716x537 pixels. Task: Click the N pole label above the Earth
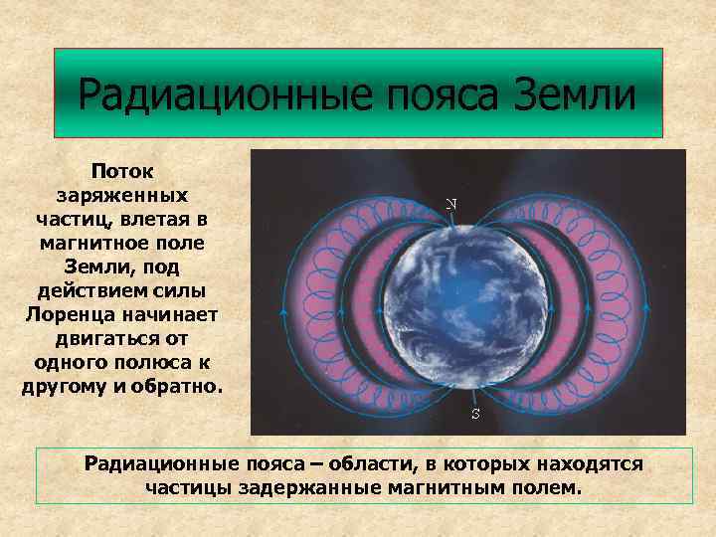450,204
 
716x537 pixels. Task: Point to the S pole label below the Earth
475,414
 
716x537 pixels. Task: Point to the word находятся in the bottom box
595,463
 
